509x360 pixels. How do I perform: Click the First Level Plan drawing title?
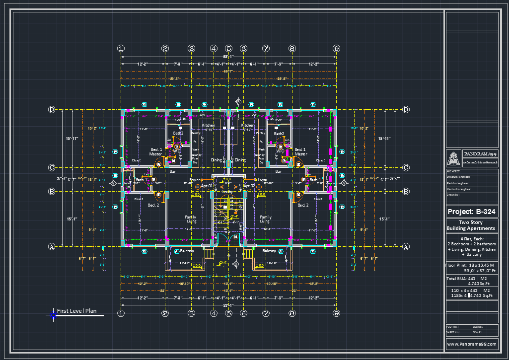(76, 311)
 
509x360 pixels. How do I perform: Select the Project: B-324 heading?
(471, 212)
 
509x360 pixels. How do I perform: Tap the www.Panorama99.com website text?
(471, 344)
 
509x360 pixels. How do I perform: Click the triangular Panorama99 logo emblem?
(454, 158)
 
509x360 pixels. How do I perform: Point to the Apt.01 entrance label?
(207, 186)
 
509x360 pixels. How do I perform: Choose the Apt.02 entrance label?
(249, 186)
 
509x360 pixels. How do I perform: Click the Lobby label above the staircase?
(228, 191)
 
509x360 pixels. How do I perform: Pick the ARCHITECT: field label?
(454, 171)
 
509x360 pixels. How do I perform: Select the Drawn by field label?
(453, 195)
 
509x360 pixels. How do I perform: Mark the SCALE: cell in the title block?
(478, 332)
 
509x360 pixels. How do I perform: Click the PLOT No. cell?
(453, 326)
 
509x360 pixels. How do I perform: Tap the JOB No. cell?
(478, 326)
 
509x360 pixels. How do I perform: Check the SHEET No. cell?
(453, 332)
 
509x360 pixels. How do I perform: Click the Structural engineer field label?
(459, 177)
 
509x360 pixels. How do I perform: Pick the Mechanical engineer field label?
(460, 189)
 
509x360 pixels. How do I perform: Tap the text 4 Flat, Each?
(471, 239)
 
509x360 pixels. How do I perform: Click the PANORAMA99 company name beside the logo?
(480, 154)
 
